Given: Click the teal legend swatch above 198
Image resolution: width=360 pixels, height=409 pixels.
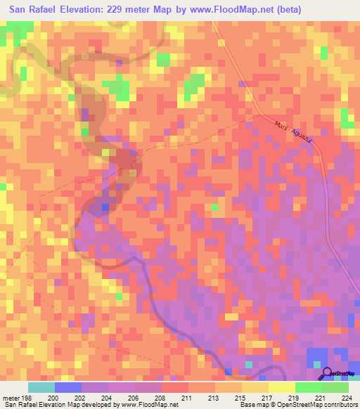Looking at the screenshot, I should [x=41, y=387].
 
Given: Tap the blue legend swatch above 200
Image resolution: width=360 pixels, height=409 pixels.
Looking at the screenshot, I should [x=68, y=387].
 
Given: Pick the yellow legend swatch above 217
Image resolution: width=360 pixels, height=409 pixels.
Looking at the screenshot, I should [x=255, y=387].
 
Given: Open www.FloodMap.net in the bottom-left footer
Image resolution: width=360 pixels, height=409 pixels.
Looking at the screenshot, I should [x=148, y=405].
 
